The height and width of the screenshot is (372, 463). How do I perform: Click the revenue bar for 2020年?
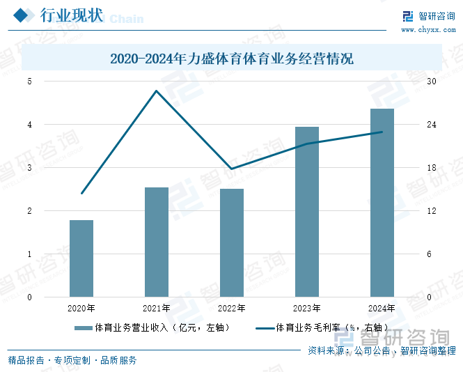coord(81,258)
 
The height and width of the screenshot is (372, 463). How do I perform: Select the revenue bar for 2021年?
coord(157,242)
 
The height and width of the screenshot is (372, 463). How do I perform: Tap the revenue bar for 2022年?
coord(232,242)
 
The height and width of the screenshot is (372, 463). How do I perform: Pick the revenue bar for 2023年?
coord(307,212)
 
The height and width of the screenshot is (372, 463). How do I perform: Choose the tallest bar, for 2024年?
coord(382,203)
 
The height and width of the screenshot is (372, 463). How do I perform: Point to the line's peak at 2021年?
coord(157,91)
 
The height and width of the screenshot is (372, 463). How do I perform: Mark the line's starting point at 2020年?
coord(81,194)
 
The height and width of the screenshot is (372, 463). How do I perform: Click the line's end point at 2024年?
coord(382,132)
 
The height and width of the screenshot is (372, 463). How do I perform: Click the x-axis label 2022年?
coord(232,309)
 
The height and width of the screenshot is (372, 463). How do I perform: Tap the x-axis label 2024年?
coord(382,309)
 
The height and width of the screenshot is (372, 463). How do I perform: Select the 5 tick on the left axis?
coord(30,82)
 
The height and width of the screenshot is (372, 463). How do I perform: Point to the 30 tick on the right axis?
coord(432,82)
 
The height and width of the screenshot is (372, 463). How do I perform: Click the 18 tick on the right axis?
coord(432,168)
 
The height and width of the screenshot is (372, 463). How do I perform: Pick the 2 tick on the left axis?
coord(30,211)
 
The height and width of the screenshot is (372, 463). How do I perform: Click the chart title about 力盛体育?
coord(232,59)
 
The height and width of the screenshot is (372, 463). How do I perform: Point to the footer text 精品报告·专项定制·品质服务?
coord(72,360)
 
